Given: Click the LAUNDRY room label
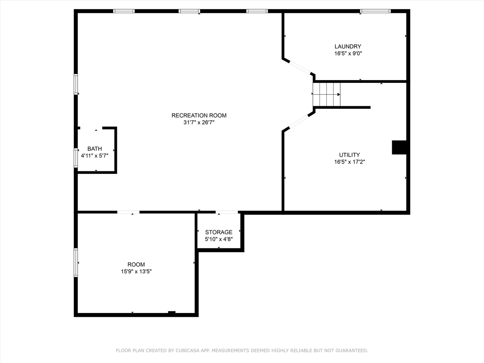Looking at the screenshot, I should (348, 47).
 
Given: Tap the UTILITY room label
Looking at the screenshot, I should (349, 155).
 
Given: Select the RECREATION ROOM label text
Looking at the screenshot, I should (199, 115).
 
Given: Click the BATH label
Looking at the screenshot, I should (95, 149).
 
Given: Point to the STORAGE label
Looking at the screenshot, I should (219, 232).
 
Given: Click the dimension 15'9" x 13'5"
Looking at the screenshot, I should (136, 271).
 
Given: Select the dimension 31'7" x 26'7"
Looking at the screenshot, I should (199, 122).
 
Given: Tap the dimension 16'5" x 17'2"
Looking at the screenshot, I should (349, 162).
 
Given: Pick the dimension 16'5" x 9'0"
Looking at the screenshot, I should (348, 54).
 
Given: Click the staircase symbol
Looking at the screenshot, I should (326, 94).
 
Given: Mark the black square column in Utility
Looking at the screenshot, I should (399, 147).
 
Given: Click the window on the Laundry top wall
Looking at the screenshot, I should (375, 11).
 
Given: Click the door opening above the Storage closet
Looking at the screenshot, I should (227, 212).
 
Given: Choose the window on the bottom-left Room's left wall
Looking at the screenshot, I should (76, 262).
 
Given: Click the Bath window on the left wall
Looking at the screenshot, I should (76, 158).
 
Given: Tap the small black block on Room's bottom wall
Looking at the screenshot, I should (172, 313).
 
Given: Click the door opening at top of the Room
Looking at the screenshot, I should (128, 212).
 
